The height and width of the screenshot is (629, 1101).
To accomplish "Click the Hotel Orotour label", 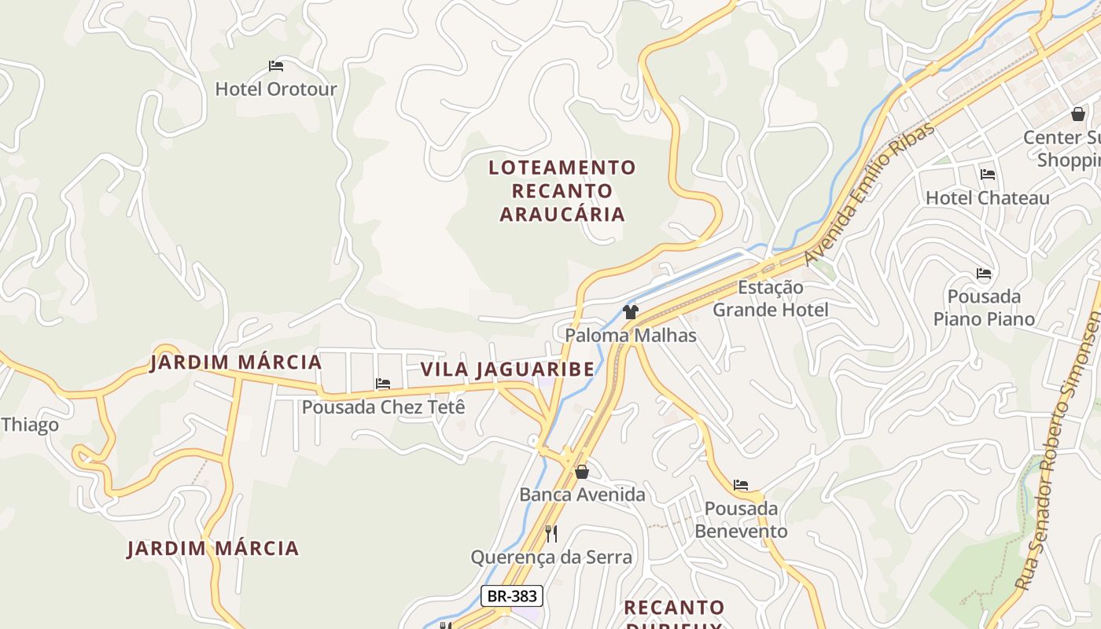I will (x=275, y=89).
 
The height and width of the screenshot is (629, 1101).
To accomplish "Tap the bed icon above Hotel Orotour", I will (x=275, y=66).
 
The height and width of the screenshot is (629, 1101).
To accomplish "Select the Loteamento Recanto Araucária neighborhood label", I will (x=562, y=190).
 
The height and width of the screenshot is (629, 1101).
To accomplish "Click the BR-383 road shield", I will (x=512, y=596).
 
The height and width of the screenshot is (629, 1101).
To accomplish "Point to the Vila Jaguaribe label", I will (x=507, y=370).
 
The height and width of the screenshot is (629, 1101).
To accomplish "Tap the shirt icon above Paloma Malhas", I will (x=630, y=312).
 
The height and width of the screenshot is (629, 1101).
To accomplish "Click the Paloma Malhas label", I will (x=631, y=336).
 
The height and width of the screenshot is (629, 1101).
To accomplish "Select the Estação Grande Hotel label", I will (x=771, y=299).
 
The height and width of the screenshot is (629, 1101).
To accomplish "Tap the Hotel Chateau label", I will (x=987, y=198).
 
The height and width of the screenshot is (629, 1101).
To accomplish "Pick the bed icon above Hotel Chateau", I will (x=988, y=175).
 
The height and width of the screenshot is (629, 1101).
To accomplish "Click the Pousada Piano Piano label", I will (x=984, y=307).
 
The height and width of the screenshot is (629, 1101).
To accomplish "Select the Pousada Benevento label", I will (x=741, y=520).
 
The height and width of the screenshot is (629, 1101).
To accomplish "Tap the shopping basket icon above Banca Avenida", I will (x=582, y=472).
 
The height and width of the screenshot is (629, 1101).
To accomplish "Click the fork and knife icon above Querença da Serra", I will (x=551, y=534).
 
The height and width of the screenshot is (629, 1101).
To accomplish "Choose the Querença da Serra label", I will (x=551, y=557).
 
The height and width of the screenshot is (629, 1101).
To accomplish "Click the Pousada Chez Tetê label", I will (x=384, y=407).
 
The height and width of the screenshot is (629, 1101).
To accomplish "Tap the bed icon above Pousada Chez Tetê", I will (x=383, y=384).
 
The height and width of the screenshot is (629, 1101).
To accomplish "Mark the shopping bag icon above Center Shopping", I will (x=1078, y=114).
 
